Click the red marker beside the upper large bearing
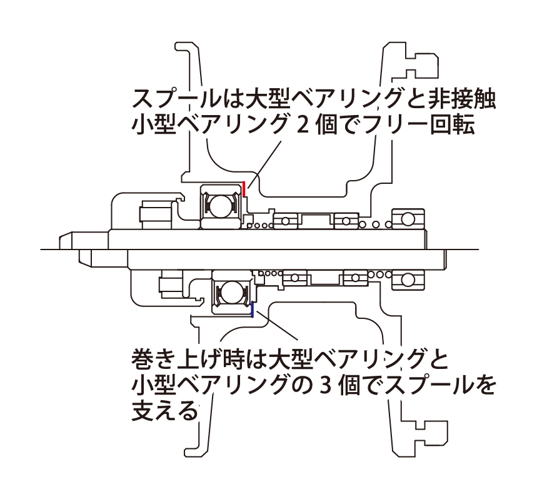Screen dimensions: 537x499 [244, 189]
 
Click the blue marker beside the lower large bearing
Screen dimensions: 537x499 [253, 310]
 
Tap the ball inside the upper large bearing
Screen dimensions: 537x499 [220, 206]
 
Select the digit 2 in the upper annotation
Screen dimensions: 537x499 [301, 124]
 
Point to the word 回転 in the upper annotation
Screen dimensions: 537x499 [453, 124]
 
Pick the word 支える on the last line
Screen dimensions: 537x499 [166, 410]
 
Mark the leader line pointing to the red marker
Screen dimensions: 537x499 [264, 164]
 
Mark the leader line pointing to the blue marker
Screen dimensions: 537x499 [277, 325]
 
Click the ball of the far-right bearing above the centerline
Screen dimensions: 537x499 [408, 218]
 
